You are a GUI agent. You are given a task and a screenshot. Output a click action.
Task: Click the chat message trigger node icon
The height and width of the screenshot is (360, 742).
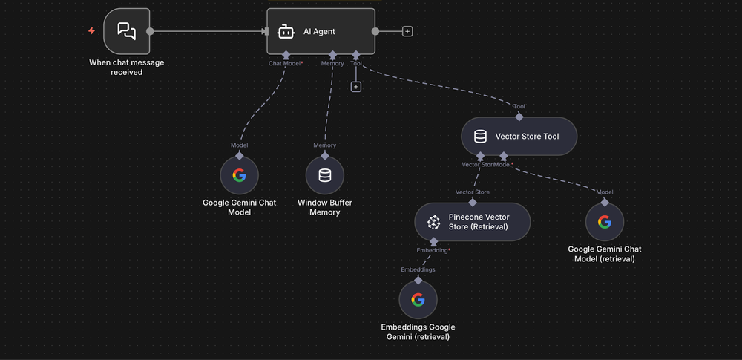click(127, 31)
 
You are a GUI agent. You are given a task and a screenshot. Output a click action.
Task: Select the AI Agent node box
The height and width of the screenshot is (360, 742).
click(321, 31)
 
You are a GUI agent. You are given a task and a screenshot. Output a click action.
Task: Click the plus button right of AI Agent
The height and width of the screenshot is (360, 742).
click(407, 31)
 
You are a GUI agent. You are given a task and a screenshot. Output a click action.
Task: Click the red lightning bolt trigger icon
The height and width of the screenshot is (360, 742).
click(91, 31)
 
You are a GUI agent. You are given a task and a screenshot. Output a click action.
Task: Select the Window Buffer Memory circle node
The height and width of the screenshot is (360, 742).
click(325, 175)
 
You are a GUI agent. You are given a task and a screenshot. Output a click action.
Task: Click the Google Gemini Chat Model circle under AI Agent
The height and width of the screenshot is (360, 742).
click(239, 175)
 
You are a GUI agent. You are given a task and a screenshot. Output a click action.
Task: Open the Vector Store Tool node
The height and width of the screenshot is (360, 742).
click(519, 137)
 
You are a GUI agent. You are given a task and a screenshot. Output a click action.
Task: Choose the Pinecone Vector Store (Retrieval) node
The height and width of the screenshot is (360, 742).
click(473, 222)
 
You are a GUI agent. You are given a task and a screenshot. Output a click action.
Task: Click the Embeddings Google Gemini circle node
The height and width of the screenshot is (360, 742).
click(418, 299)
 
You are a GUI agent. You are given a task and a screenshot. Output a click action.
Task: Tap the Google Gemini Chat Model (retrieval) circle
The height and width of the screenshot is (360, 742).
click(605, 222)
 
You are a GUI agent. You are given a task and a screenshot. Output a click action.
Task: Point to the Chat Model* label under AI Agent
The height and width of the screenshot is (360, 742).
click(286, 64)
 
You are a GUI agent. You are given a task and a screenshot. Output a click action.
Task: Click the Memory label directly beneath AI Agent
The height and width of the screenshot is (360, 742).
click(332, 64)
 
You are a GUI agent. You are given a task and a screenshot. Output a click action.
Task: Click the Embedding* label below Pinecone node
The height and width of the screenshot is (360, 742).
click(433, 251)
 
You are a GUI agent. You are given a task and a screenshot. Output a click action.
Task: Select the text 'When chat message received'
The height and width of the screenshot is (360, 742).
click(127, 68)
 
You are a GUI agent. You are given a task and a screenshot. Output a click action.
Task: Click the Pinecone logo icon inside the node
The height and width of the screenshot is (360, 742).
click(434, 222)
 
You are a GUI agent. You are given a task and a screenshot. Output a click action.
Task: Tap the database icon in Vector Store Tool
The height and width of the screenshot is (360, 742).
click(480, 137)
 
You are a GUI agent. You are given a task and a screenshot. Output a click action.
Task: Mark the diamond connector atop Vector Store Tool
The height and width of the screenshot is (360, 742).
click(519, 117)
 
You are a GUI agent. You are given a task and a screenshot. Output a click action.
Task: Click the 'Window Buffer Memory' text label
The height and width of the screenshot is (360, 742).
click(325, 207)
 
